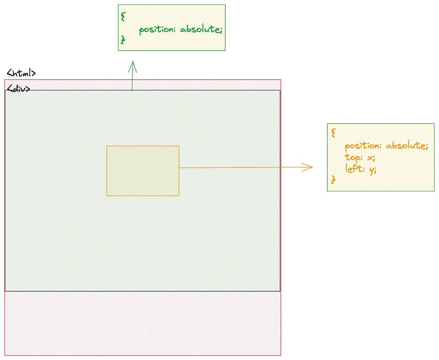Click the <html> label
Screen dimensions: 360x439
pyautogui.click(x=21, y=73)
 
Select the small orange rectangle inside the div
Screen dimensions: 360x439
pyautogui.click(x=143, y=171)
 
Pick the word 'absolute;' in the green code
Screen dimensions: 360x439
pyautogui.click(x=201, y=29)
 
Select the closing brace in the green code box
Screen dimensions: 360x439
pyautogui.click(x=123, y=39)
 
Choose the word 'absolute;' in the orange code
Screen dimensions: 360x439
pyautogui.click(x=407, y=146)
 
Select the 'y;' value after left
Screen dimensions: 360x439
pyautogui.click(x=373, y=170)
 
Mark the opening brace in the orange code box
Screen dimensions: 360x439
pyautogui.click(x=333, y=133)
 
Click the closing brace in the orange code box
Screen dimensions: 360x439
pyautogui.click(x=333, y=180)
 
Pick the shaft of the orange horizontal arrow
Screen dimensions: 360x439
pyautogui.click(x=241, y=167)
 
